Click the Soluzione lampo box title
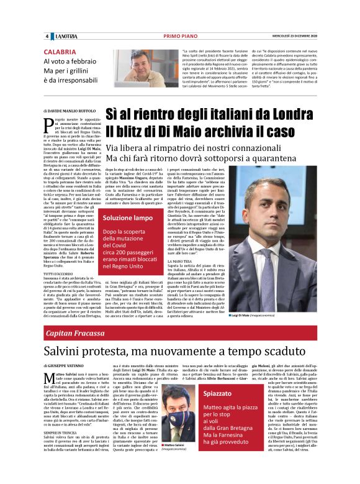(x=128, y=218)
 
